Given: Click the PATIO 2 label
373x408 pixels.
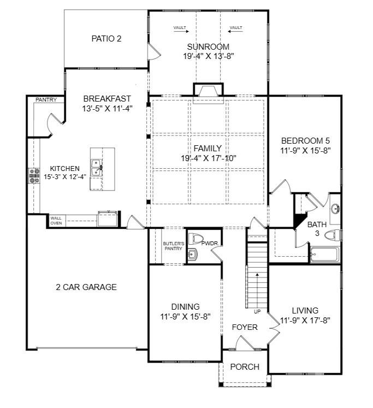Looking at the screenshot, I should pyautogui.click(x=106, y=39).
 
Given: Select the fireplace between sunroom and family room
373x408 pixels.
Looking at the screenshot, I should pyautogui.click(x=208, y=91).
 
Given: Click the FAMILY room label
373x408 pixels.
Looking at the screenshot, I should pyautogui.click(x=208, y=148).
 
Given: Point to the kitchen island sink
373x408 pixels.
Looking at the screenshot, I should pyautogui.click(x=96, y=167).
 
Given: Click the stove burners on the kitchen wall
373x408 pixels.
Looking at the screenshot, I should pyautogui.click(x=31, y=175).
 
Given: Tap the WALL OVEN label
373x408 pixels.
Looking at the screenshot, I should pyautogui.click(x=56, y=221).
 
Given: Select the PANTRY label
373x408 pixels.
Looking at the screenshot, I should pyautogui.click(x=46, y=100).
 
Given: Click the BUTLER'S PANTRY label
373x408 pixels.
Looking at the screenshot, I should pyautogui.click(x=173, y=246).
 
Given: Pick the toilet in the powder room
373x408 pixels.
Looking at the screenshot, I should pyautogui.click(x=194, y=239).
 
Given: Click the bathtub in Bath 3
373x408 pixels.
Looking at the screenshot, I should pyautogui.click(x=324, y=255).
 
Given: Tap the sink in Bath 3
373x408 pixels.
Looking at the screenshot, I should pyautogui.click(x=335, y=209).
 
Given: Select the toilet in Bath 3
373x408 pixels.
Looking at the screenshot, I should pyautogui.click(x=332, y=235).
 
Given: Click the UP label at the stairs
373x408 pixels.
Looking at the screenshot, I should pyautogui.click(x=257, y=312).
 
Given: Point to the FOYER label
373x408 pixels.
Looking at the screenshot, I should pyautogui.click(x=245, y=327).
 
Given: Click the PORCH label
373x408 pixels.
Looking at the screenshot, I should pyautogui.click(x=245, y=367).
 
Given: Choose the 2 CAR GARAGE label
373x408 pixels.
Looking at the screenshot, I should pyautogui.click(x=86, y=287).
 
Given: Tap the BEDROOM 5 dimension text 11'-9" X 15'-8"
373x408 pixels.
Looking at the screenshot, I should pyautogui.click(x=306, y=150).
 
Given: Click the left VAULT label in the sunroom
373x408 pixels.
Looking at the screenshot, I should pyautogui.click(x=180, y=27).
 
